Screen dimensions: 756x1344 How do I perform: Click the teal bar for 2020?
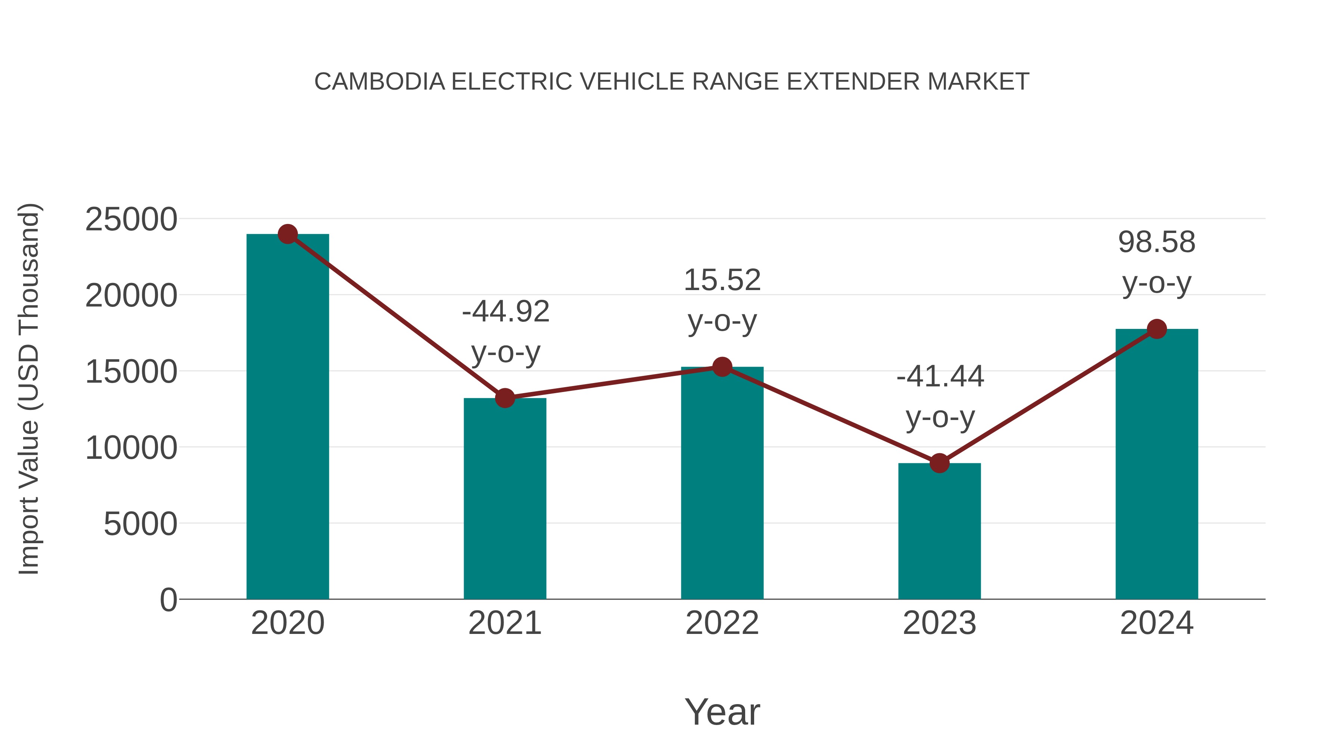[x=287, y=417]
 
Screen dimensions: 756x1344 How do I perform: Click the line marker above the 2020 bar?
[x=287, y=234]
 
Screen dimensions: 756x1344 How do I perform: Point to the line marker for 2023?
[x=939, y=463]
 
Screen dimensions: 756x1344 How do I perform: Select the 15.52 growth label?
[x=722, y=280]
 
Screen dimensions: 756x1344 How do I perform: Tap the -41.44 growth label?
[x=940, y=377]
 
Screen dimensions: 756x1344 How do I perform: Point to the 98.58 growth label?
[x=1157, y=243]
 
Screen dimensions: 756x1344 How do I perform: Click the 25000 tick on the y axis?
[x=131, y=220]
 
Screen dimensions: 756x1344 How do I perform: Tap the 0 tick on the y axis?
[x=168, y=600]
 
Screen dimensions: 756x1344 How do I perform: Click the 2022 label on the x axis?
[x=722, y=623]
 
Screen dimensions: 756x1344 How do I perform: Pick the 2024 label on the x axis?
[x=1157, y=623]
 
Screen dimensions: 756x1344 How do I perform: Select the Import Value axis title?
[x=29, y=389]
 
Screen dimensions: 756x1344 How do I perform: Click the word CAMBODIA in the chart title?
[x=379, y=82]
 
